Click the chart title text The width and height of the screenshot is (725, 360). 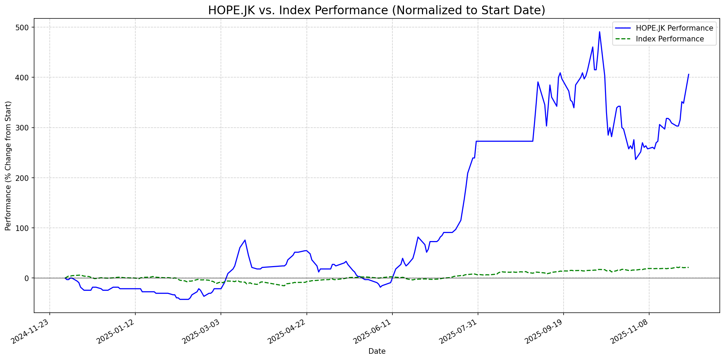coord(376,10)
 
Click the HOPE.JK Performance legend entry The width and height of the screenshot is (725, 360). coord(674,28)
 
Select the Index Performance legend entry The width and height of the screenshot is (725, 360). coord(670,39)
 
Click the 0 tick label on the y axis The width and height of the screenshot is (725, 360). coord(27,278)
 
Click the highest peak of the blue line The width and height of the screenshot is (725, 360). coord(599,32)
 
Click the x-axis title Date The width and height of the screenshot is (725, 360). coord(377,351)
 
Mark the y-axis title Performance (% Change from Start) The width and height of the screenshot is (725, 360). coord(8,166)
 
